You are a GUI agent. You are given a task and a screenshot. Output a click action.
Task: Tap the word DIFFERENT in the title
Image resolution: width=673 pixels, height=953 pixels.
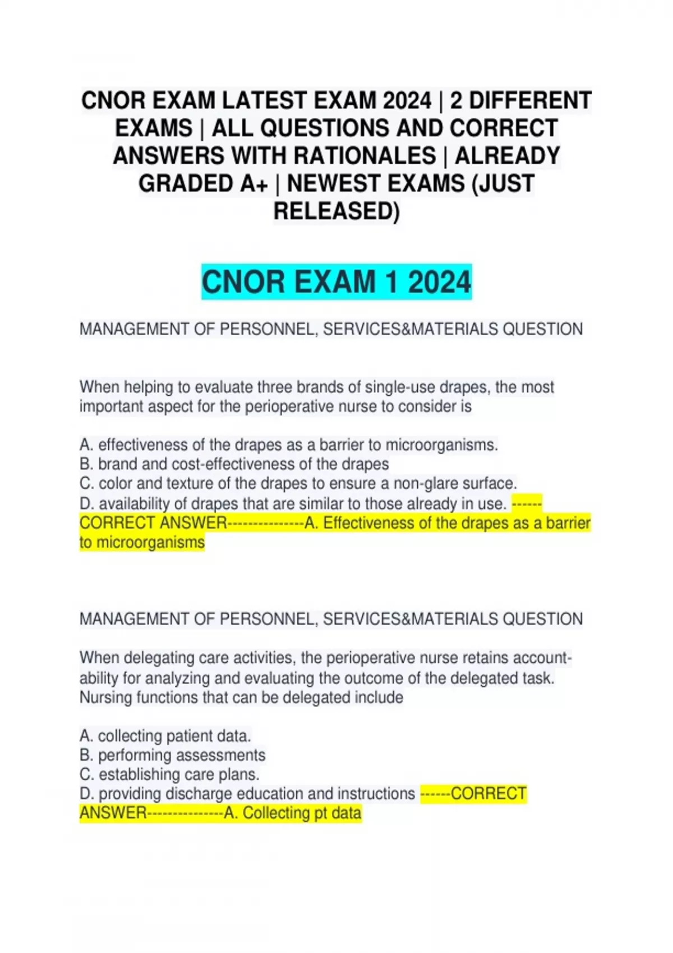[530, 101]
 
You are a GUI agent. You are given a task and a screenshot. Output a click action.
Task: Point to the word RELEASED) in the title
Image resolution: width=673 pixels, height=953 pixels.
[336, 211]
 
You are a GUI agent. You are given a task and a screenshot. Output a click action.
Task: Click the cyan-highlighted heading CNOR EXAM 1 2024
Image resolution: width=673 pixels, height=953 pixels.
[336, 281]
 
